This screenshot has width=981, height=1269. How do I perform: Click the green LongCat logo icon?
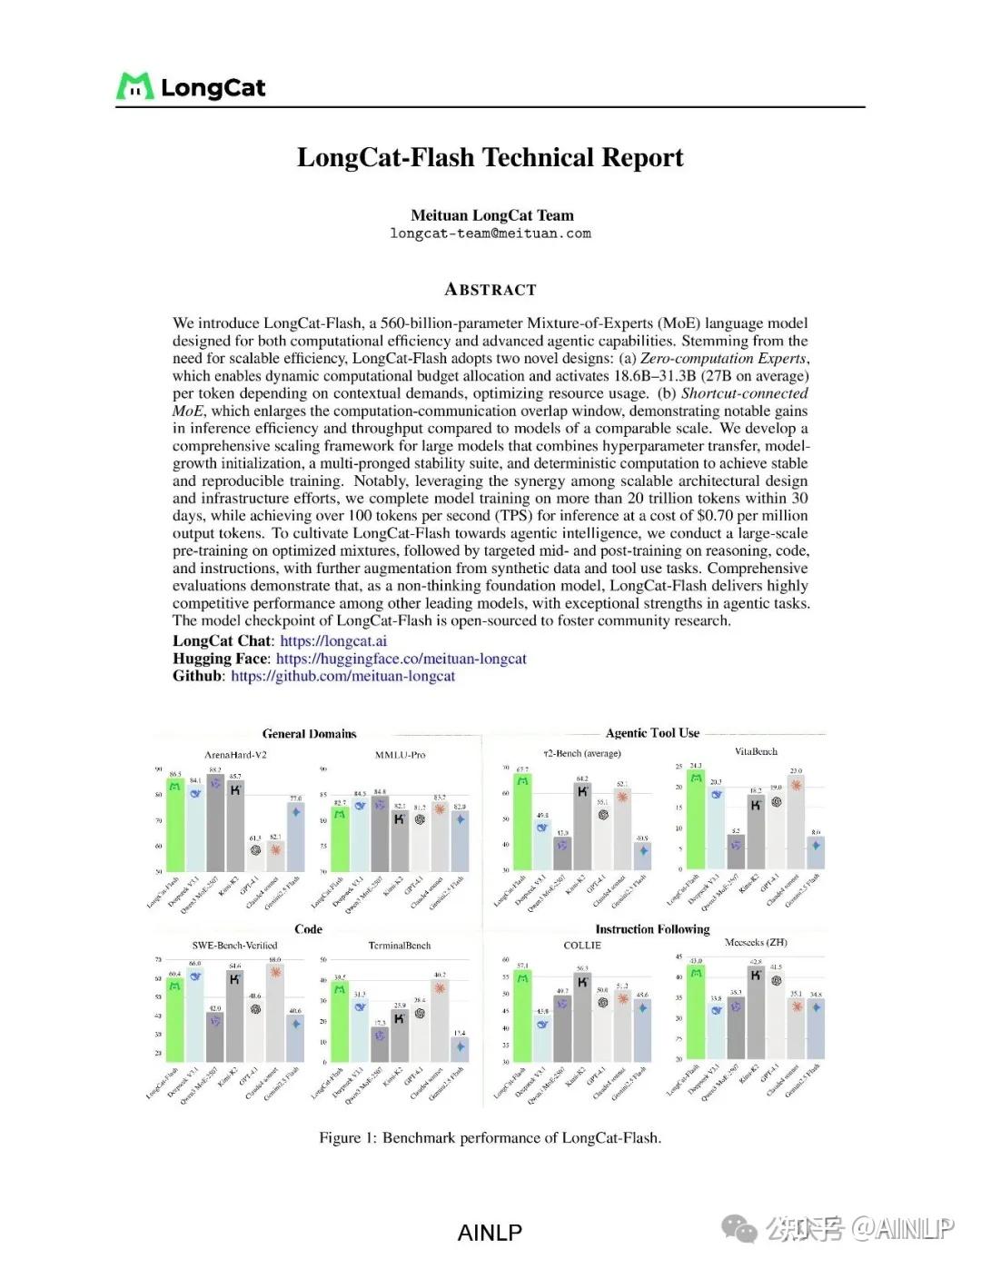pos(134,86)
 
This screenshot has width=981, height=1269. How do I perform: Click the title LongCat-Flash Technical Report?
pos(490,157)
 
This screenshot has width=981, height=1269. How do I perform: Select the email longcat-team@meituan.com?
pos(490,233)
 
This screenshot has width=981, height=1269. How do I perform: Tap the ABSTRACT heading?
pos(490,290)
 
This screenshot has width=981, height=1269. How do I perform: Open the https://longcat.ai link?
pos(333,640)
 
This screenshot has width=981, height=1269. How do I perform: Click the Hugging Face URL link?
pos(401,659)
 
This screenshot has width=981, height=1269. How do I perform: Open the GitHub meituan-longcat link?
pos(342,676)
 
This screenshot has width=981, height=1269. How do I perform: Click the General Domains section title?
pos(309,734)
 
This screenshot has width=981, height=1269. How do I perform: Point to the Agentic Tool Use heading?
pos(652,733)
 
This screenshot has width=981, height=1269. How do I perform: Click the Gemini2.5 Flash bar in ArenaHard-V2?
pos(295,836)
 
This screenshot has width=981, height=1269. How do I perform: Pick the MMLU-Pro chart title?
pos(400,755)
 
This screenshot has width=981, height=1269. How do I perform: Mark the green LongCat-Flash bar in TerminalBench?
pos(340,1021)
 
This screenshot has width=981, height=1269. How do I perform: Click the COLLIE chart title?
pos(582,946)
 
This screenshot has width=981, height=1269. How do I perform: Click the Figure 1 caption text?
pos(490,1138)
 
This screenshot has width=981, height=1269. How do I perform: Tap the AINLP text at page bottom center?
pos(490,1233)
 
